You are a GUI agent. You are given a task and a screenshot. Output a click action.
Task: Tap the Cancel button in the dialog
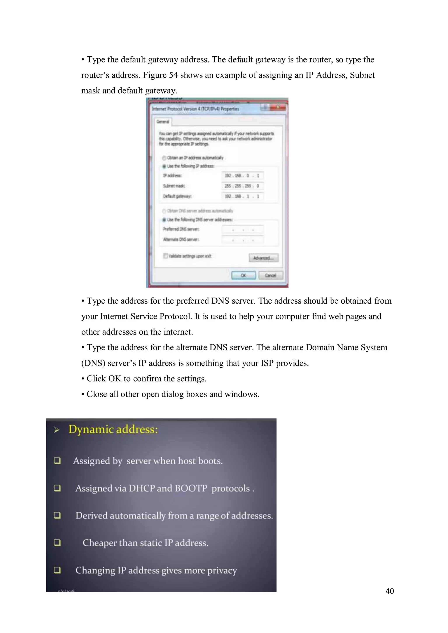pos(270,275)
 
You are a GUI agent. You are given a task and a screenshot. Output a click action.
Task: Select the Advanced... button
pos(263,258)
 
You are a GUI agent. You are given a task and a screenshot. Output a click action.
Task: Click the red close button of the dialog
pos(278,107)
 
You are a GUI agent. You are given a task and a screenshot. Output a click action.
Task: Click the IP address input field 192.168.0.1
pos(242,176)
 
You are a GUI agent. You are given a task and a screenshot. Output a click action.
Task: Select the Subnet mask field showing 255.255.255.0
pos(242,186)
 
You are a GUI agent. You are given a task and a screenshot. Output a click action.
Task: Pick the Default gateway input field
pos(242,196)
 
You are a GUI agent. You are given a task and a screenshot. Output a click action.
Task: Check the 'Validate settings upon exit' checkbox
pos(166,256)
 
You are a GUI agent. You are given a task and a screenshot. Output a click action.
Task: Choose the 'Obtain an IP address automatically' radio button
pos(164,158)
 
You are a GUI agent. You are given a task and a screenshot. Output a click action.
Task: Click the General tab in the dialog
pos(163,122)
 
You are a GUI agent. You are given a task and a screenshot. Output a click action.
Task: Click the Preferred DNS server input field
pos(242,229)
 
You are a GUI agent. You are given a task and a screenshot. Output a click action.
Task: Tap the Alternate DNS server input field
pos(242,240)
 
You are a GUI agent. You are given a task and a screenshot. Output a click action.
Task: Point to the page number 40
pos(390,591)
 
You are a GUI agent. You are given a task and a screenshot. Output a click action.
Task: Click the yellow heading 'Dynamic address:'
pos(113,430)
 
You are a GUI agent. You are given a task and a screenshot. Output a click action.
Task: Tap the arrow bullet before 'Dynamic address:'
pos(57,430)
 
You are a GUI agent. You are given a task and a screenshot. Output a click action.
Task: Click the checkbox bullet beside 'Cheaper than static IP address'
pos(57,543)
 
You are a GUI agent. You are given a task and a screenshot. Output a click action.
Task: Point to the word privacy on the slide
pos(222,570)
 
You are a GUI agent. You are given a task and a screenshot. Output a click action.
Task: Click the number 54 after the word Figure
pos(173,75)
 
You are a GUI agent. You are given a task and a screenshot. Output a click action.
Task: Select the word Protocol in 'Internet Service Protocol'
pos(175,316)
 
